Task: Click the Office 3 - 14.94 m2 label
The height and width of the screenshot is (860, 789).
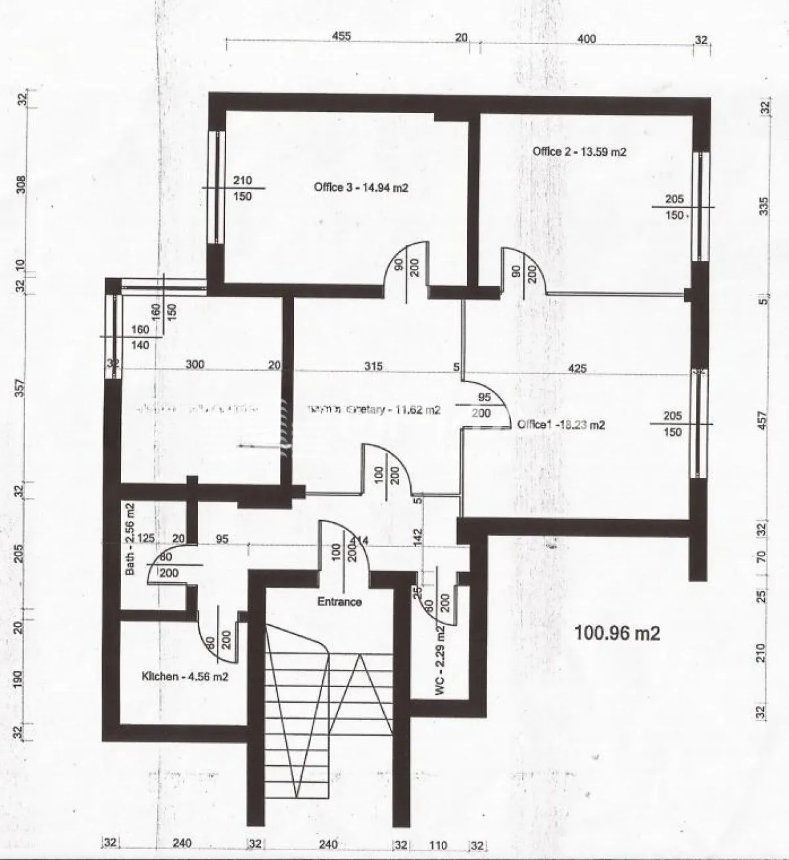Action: point(362,187)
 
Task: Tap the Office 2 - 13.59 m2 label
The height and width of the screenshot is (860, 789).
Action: point(579,152)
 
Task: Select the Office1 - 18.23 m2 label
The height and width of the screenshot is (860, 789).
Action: point(561,425)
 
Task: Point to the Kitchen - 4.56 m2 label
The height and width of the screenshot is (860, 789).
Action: point(185,676)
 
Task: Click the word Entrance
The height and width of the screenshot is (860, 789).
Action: point(339,601)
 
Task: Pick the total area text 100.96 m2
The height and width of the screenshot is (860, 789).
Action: point(617,633)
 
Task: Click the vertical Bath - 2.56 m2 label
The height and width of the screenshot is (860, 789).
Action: point(130,539)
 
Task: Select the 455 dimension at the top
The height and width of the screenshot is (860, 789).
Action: point(341,37)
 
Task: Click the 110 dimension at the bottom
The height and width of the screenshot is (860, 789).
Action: point(438,846)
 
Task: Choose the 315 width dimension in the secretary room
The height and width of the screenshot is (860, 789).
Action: point(373,366)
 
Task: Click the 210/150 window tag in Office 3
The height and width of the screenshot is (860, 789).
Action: point(243,188)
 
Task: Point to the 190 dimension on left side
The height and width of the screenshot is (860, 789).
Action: point(20,677)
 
